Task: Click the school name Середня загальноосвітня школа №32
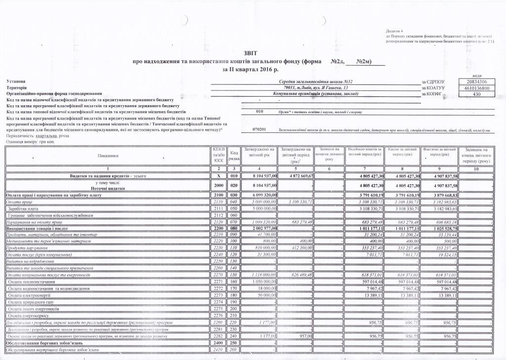[316, 81]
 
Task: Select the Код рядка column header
[234, 156]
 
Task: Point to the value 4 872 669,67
[297, 176]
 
